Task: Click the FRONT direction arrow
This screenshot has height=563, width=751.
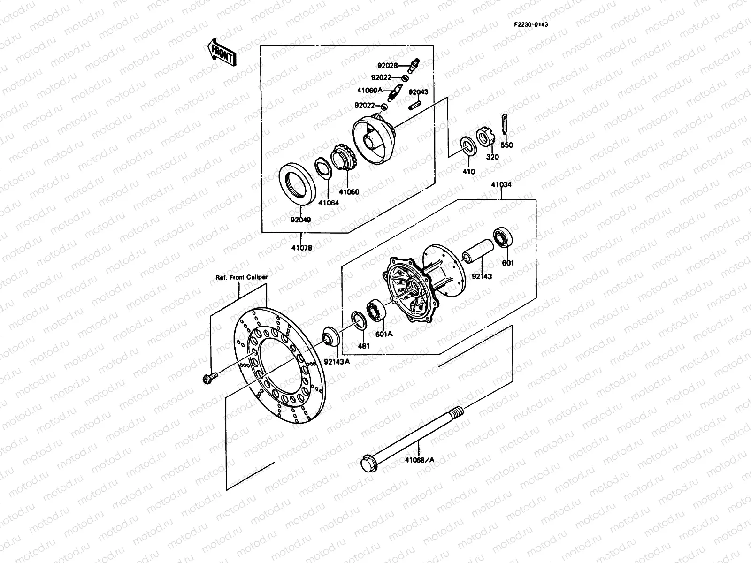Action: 221,51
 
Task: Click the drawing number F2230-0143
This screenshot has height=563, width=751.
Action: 530,24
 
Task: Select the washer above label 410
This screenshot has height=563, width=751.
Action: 468,145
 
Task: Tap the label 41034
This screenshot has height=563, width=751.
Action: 501,185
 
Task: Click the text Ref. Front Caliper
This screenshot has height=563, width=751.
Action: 241,277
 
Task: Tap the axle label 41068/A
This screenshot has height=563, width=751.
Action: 420,460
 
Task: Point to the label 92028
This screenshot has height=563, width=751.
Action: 387,66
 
